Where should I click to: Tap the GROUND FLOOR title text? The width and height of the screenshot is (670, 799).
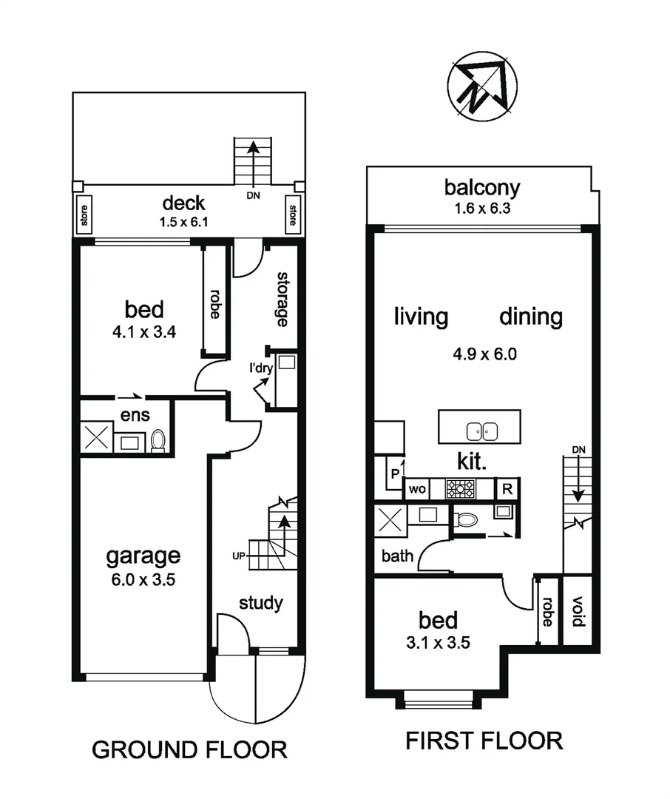189,749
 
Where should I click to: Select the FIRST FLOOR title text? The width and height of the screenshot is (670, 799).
484,740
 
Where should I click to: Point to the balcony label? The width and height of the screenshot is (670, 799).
482,188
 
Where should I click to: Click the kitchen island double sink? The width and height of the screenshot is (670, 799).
480,431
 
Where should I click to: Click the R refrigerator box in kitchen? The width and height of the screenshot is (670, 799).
507,489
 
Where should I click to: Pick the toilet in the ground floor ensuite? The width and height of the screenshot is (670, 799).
158,441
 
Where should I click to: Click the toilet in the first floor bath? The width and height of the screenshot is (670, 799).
466,519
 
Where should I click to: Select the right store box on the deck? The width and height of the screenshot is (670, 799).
292,215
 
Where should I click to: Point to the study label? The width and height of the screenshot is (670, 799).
260,603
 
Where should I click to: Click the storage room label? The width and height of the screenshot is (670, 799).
282,299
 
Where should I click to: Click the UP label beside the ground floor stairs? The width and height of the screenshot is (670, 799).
237,555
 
